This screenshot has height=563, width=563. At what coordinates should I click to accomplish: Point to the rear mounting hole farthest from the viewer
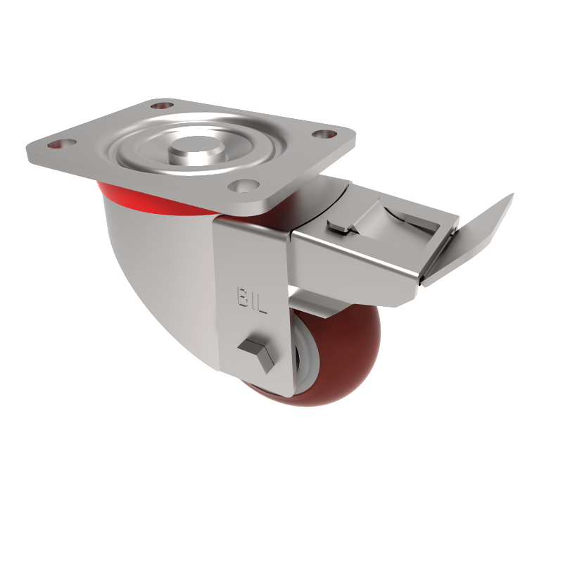click(x=162, y=105)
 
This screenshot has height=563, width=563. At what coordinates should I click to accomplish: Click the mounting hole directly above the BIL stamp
click(x=241, y=186)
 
